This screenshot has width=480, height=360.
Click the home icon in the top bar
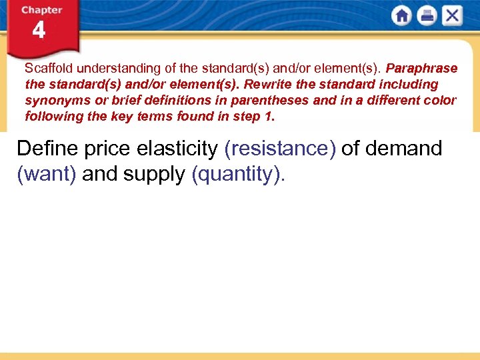pos(402,16)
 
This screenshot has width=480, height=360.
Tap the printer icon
pos(427,16)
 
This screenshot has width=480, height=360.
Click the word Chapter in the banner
pos(41,10)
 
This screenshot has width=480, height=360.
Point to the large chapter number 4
pos(39,31)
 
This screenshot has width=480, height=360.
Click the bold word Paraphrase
pos(421,69)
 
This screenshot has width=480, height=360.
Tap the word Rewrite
pos(267,85)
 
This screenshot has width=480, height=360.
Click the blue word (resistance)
pos(280,148)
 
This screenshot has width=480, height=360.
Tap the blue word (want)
pos(46,174)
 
